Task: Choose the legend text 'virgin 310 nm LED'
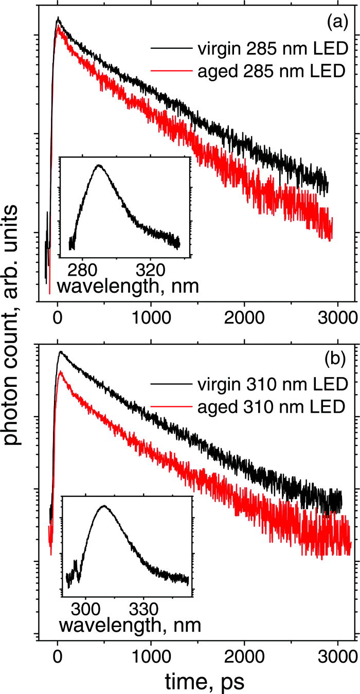[272, 384]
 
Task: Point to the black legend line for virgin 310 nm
[172, 384]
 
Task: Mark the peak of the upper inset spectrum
[99, 166]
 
